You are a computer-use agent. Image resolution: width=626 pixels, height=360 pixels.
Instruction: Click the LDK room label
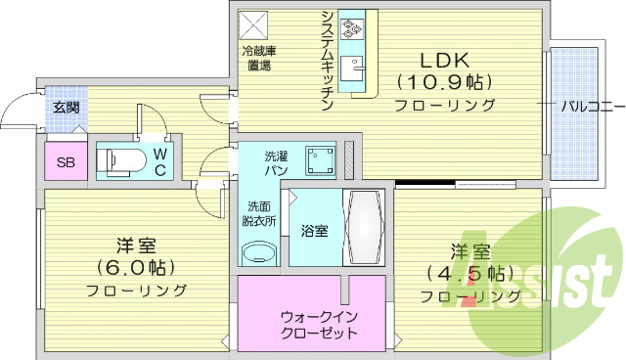pyautogui.click(x=445, y=58)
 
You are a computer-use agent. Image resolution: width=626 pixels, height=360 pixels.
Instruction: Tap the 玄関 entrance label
pyautogui.click(x=67, y=108)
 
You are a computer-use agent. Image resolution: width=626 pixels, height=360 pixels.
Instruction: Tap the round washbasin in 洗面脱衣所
pyautogui.click(x=259, y=252)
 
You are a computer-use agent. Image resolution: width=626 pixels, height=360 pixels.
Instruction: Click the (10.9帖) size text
pyautogui.click(x=446, y=81)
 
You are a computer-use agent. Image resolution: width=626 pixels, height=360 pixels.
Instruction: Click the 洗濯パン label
pyautogui.click(x=276, y=162)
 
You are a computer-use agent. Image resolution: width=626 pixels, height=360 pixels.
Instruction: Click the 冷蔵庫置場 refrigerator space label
pyautogui.click(x=258, y=58)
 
